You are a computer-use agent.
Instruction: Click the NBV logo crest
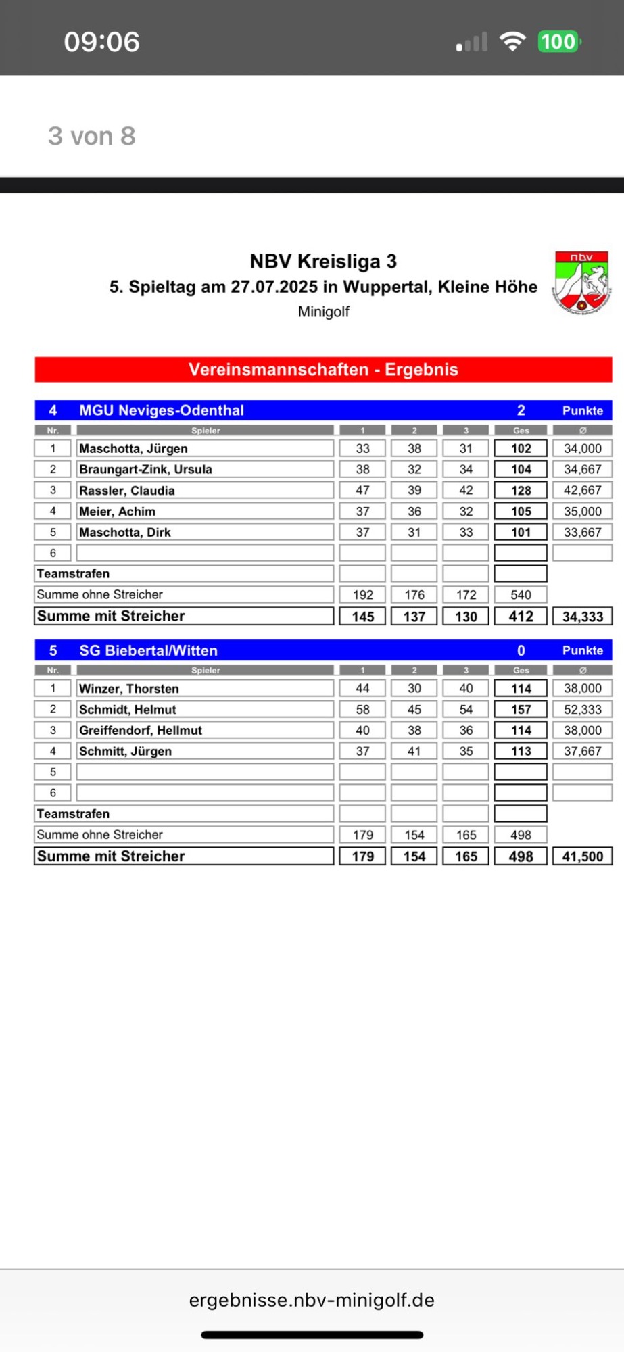(581, 281)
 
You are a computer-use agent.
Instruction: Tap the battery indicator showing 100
(558, 42)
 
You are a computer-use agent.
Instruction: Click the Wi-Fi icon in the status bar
(512, 42)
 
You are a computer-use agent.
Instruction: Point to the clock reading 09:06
(102, 42)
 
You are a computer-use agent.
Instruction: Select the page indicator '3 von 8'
(92, 136)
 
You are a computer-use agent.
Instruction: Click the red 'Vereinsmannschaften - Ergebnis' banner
(323, 370)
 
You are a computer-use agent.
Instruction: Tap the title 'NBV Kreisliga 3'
(323, 262)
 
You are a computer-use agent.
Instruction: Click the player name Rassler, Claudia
(127, 491)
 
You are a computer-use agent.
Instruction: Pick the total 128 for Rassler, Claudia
(521, 491)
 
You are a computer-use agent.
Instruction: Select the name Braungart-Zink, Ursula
(145, 469)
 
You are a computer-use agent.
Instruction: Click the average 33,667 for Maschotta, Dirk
(582, 533)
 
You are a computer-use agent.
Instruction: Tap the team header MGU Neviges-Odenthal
(162, 410)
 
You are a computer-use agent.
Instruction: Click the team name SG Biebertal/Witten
(149, 650)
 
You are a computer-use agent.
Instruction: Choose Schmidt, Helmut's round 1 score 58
(363, 710)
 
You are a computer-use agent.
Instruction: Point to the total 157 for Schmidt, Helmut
(521, 710)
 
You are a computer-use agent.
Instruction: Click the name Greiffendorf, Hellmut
(141, 731)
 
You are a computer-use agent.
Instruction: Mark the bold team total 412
(521, 617)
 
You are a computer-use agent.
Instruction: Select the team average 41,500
(582, 856)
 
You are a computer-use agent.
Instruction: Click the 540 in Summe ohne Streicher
(521, 595)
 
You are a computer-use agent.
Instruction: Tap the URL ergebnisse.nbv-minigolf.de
(312, 1300)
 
